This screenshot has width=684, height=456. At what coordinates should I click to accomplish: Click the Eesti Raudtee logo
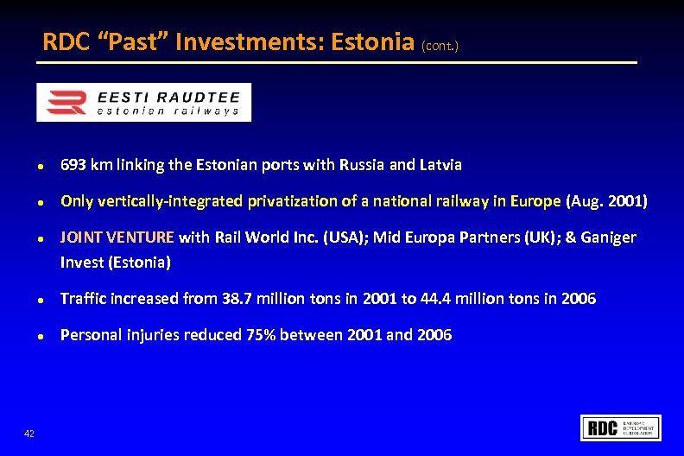[x=143, y=102]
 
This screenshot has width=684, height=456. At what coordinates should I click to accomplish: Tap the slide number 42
[x=29, y=434]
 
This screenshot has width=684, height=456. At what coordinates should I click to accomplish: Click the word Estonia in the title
[x=368, y=41]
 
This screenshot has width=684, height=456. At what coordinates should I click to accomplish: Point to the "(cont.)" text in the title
[x=440, y=45]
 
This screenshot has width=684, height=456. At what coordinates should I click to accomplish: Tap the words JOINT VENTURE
[x=117, y=237]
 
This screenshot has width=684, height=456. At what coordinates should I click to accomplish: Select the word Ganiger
[x=607, y=237]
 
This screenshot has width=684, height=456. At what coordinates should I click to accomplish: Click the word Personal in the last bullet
[x=89, y=335]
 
